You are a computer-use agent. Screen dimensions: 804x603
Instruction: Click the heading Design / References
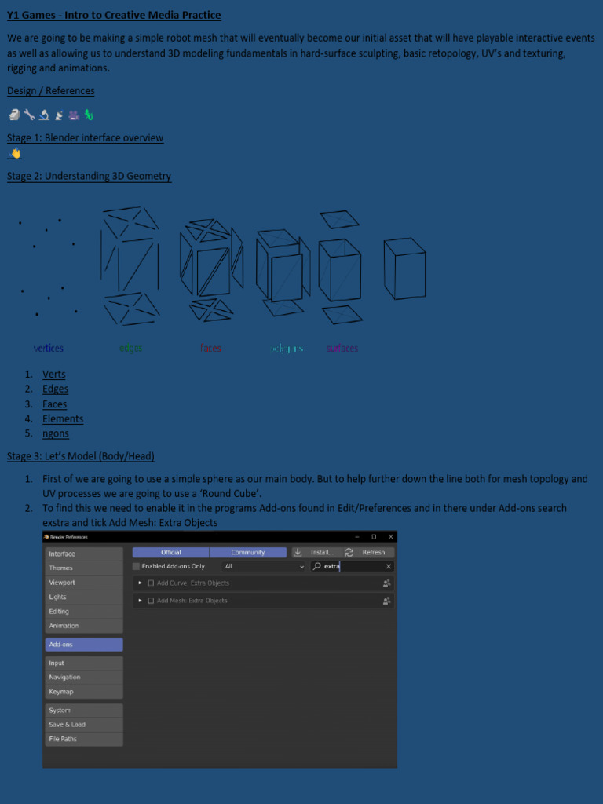51,91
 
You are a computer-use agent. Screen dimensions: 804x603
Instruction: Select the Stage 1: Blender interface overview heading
85,138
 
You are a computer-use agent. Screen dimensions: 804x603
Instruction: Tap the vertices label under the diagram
49,348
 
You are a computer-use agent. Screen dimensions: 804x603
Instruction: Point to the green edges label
131,348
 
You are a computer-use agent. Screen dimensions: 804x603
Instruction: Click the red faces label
210,348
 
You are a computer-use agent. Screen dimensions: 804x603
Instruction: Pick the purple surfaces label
342,348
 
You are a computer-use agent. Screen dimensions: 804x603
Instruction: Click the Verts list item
54,375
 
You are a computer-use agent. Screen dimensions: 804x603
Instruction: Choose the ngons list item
56,433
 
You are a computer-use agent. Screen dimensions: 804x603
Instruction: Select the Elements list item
63,419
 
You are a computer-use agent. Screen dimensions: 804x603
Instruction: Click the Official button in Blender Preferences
170,552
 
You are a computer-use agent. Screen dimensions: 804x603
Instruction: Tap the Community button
248,552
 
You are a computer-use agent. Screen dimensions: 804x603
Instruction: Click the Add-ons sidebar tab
84,645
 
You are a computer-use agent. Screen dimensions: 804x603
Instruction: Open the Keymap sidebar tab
84,692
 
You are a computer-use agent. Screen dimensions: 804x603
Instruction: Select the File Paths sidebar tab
84,739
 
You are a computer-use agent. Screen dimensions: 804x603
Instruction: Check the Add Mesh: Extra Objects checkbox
151,601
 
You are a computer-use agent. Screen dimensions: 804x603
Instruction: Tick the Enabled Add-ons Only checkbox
137,566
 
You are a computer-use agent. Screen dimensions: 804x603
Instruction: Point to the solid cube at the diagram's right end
404,269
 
